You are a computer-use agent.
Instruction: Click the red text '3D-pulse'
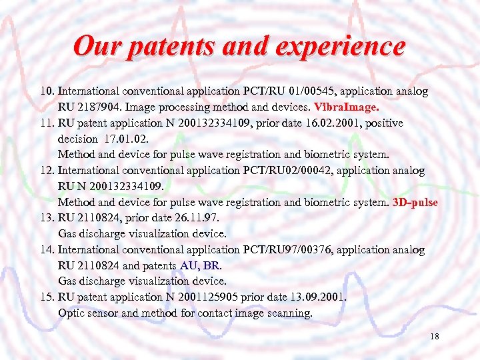coord(416,202)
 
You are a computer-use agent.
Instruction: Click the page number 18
coord(435,337)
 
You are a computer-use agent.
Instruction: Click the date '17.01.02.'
coord(127,139)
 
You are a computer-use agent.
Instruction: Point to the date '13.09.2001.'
coord(318,297)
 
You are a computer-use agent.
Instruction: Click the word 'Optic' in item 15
coord(71,313)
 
